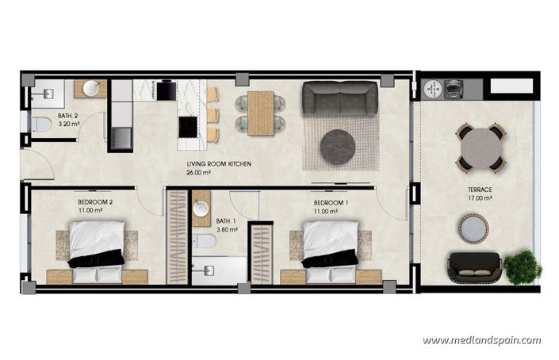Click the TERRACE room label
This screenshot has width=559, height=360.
[480, 190]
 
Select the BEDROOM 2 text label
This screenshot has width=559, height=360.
[95, 202]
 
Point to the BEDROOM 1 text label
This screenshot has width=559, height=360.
[330, 202]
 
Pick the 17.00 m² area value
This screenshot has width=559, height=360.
[480, 199]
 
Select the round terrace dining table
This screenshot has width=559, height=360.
[481, 147]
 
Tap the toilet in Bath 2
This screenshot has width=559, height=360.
[40, 124]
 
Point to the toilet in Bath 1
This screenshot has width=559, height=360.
[205, 241]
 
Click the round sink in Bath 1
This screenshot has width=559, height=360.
[201, 209]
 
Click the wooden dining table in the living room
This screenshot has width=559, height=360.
[260, 113]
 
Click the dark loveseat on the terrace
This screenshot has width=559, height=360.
[474, 268]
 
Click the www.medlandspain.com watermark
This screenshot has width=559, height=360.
[481, 340]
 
